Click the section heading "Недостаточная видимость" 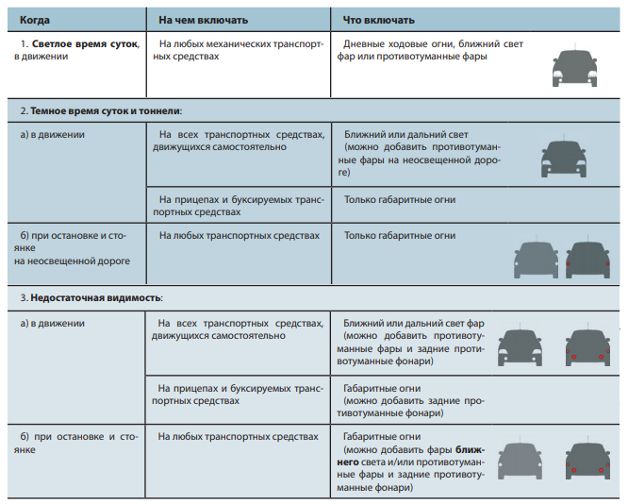[96, 297]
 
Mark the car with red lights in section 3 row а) [589, 346]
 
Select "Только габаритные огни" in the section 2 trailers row [400, 200]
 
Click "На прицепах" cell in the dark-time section [190, 200]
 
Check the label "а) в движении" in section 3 [53, 323]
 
